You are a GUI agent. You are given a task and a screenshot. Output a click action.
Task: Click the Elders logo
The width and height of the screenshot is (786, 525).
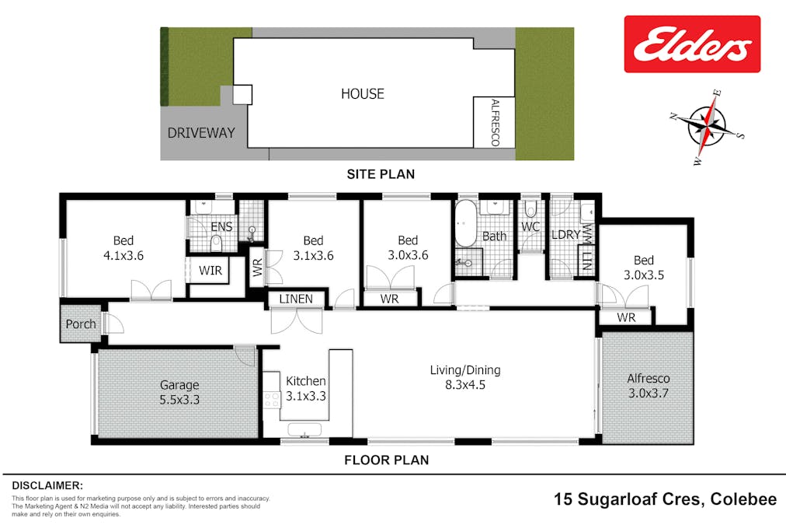tap(692, 44)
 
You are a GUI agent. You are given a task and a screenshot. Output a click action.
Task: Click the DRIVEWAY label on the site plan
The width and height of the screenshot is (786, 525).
tap(201, 133)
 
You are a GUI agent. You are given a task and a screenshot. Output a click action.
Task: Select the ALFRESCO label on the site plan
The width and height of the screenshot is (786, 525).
tap(495, 122)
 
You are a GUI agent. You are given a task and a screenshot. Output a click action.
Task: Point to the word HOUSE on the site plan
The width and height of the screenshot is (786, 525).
tap(363, 94)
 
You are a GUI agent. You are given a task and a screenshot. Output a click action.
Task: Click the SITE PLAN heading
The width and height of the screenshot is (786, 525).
tap(381, 174)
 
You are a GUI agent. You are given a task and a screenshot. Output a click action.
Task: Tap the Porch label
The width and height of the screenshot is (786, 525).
tap(81, 324)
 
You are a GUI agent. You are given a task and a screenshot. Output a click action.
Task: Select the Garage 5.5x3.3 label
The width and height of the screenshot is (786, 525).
tap(179, 391)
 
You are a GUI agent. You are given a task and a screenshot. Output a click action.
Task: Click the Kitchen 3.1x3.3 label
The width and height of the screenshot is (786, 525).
tap(305, 387)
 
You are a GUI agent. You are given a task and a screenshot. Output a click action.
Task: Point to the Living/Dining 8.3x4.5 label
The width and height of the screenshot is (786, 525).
tap(465, 376)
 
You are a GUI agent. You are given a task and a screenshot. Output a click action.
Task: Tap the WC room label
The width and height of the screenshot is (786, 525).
tap(530, 227)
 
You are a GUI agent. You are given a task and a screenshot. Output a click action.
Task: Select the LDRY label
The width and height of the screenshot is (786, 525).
tap(566, 234)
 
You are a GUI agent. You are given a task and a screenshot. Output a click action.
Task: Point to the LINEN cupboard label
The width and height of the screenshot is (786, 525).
tap(296, 299)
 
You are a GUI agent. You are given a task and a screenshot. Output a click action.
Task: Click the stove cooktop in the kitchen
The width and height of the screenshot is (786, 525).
tap(272, 400)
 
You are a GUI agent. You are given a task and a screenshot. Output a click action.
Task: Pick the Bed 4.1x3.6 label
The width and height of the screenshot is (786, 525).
tap(123, 247)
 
